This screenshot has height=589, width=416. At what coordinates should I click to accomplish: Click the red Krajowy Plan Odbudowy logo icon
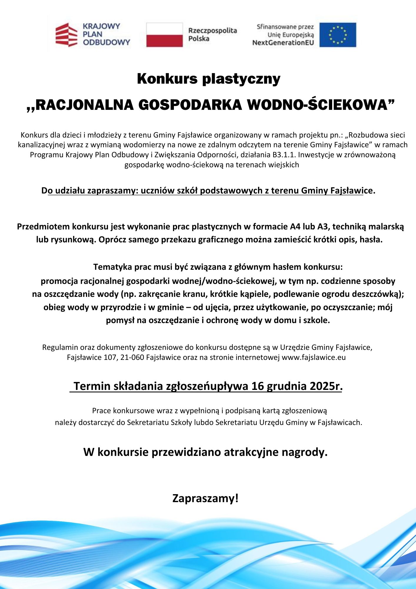(x=66, y=35)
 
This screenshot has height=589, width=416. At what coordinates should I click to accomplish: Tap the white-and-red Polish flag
(x=164, y=35)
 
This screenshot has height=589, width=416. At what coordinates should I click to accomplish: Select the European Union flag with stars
(x=338, y=35)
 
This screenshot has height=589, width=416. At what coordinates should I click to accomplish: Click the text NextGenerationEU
(x=283, y=43)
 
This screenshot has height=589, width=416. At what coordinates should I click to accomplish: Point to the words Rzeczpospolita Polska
(x=212, y=34)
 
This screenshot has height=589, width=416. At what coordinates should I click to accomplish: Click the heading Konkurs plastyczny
(x=209, y=79)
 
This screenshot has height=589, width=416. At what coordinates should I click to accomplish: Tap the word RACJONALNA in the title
(x=84, y=105)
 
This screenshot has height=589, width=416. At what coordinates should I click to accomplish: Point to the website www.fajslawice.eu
(x=314, y=357)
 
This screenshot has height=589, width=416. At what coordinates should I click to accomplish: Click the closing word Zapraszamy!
(x=205, y=498)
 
